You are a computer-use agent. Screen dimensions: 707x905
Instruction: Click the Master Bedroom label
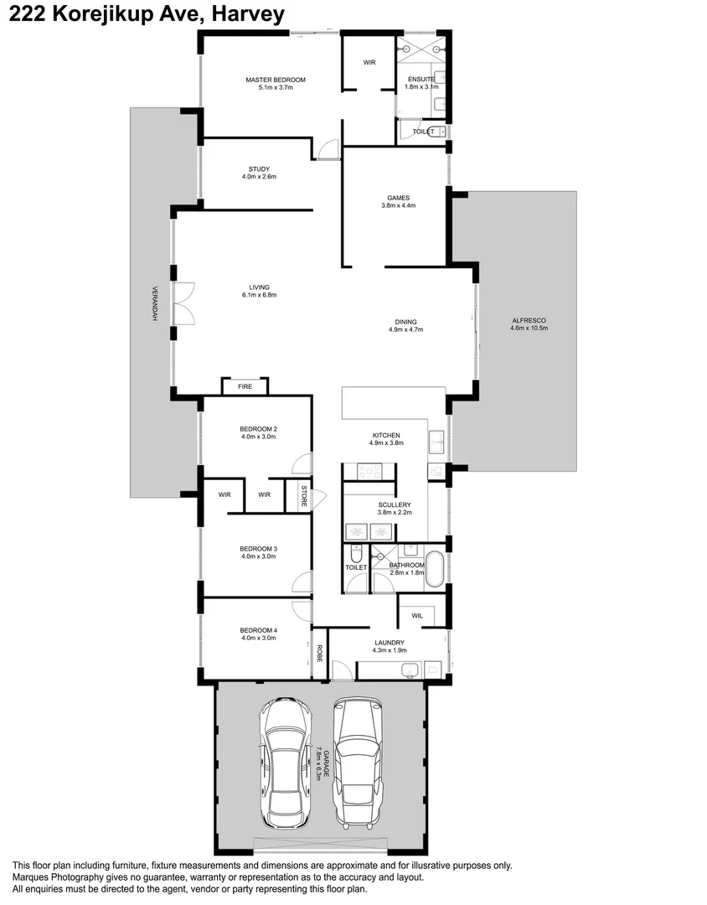click(x=276, y=80)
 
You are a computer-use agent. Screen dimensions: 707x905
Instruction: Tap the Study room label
click(x=259, y=169)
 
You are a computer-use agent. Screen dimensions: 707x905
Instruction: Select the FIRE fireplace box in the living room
click(x=245, y=386)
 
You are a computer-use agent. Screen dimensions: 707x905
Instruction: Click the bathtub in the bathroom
click(x=434, y=569)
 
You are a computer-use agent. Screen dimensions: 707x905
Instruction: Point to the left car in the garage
click(x=286, y=763)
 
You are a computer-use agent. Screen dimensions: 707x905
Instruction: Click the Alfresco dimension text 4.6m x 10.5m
click(x=529, y=328)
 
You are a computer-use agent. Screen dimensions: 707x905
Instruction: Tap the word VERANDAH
click(x=155, y=303)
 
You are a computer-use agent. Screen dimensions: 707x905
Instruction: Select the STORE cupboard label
click(x=304, y=496)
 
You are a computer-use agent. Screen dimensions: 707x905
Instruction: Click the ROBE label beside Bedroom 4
click(x=319, y=654)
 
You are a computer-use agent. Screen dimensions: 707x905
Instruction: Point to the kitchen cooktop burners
click(x=369, y=472)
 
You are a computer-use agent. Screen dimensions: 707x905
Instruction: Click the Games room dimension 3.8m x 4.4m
click(x=398, y=205)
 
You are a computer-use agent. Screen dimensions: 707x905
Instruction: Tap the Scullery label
click(x=395, y=504)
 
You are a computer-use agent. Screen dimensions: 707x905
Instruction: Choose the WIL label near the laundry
click(x=417, y=616)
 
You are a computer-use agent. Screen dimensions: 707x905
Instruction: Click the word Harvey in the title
click(x=248, y=14)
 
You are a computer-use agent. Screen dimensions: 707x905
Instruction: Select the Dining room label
click(x=405, y=322)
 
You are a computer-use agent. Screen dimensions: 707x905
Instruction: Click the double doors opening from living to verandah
click(x=183, y=303)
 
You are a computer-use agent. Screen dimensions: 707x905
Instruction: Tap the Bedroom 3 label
click(x=259, y=549)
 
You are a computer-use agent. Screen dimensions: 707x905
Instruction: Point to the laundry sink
click(x=410, y=670)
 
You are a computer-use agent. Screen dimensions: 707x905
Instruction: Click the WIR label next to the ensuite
click(x=369, y=62)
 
